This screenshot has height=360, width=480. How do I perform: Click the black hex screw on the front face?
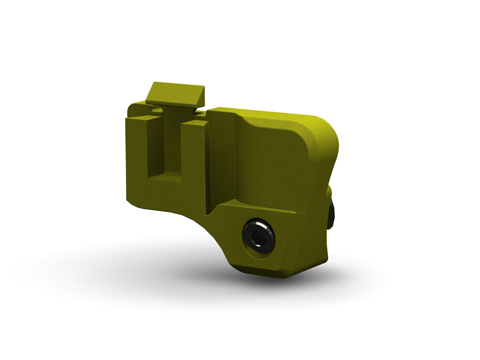point(259,236)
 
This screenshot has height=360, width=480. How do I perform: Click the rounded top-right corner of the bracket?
point(326,128)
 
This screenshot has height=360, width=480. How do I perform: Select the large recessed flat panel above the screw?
point(272,164)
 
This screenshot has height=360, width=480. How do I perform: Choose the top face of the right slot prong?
point(194,122)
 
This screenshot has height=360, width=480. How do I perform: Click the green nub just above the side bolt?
point(329,192)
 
